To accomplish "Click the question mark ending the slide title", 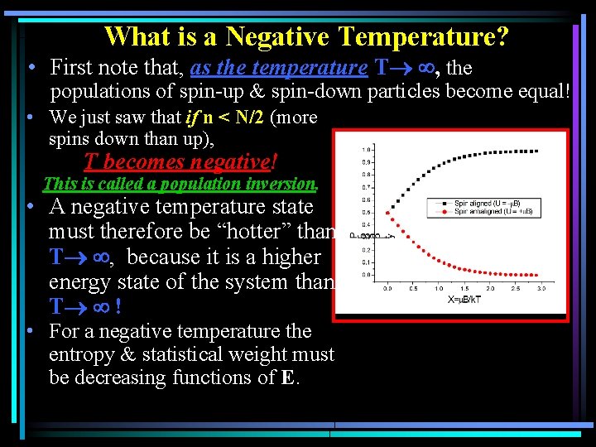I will [x=503, y=36].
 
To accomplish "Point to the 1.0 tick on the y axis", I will [x=365, y=150].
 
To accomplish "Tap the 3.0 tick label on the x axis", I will [x=542, y=289].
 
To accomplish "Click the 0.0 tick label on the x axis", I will [x=387, y=289].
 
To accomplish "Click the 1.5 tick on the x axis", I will [x=464, y=289].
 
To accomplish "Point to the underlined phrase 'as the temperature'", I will [x=278, y=67].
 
